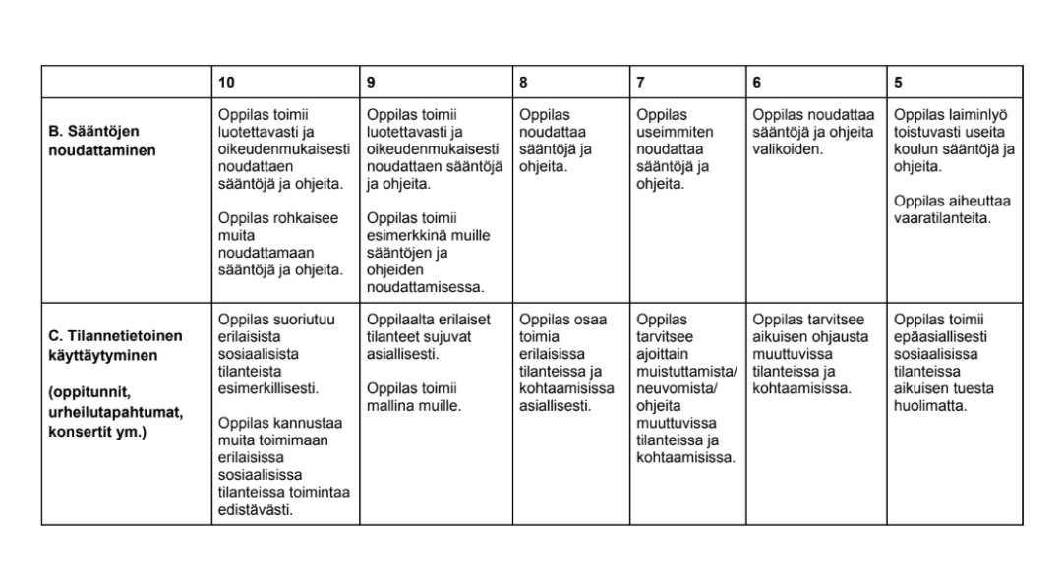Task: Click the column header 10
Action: click(226, 83)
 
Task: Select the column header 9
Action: click(371, 83)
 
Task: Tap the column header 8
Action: click(523, 83)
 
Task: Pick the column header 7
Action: click(640, 83)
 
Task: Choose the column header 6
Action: click(756, 83)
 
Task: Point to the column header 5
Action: click(898, 83)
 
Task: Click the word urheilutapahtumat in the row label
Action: click(112, 413)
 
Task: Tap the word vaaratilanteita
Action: click(943, 218)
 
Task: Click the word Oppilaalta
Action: click(399, 320)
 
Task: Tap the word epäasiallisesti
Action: click(944, 336)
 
